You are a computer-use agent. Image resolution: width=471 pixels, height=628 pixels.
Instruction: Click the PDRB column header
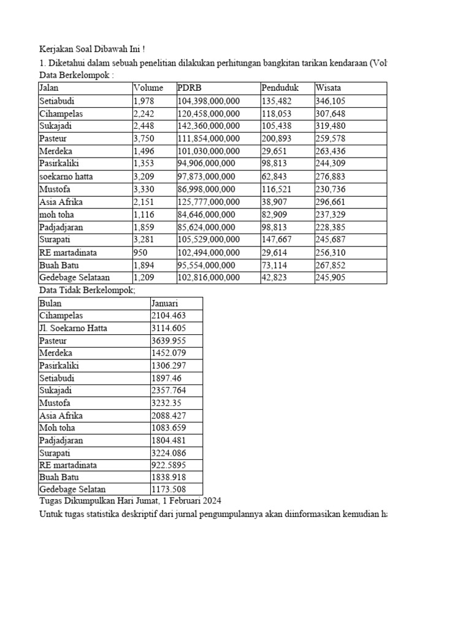pyautogui.click(x=188, y=88)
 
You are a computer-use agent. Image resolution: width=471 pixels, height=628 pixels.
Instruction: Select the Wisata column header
pyautogui.click(x=328, y=88)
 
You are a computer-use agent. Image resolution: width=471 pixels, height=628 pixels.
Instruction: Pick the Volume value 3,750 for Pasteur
pyautogui.click(x=144, y=139)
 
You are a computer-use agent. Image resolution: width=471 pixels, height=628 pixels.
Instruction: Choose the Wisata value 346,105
pyautogui.click(x=331, y=101)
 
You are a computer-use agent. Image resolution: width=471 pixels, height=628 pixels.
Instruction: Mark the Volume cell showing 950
pyautogui.click(x=140, y=253)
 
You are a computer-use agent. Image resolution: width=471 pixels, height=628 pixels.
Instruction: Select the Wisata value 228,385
pyautogui.click(x=331, y=227)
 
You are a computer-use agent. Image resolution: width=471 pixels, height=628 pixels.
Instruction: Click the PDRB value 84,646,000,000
pyautogui.click(x=206, y=215)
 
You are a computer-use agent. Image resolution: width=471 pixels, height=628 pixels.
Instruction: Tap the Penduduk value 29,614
pyautogui.click(x=274, y=253)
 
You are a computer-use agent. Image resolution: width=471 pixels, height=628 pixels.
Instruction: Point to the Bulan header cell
pyautogui.click(x=50, y=303)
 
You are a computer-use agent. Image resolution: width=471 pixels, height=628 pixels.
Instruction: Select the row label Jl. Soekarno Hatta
pyautogui.click(x=73, y=328)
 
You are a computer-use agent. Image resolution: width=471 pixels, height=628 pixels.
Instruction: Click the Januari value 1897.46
pyautogui.click(x=166, y=378)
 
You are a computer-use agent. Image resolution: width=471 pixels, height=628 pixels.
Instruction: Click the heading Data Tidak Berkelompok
pyautogui.click(x=86, y=290)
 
